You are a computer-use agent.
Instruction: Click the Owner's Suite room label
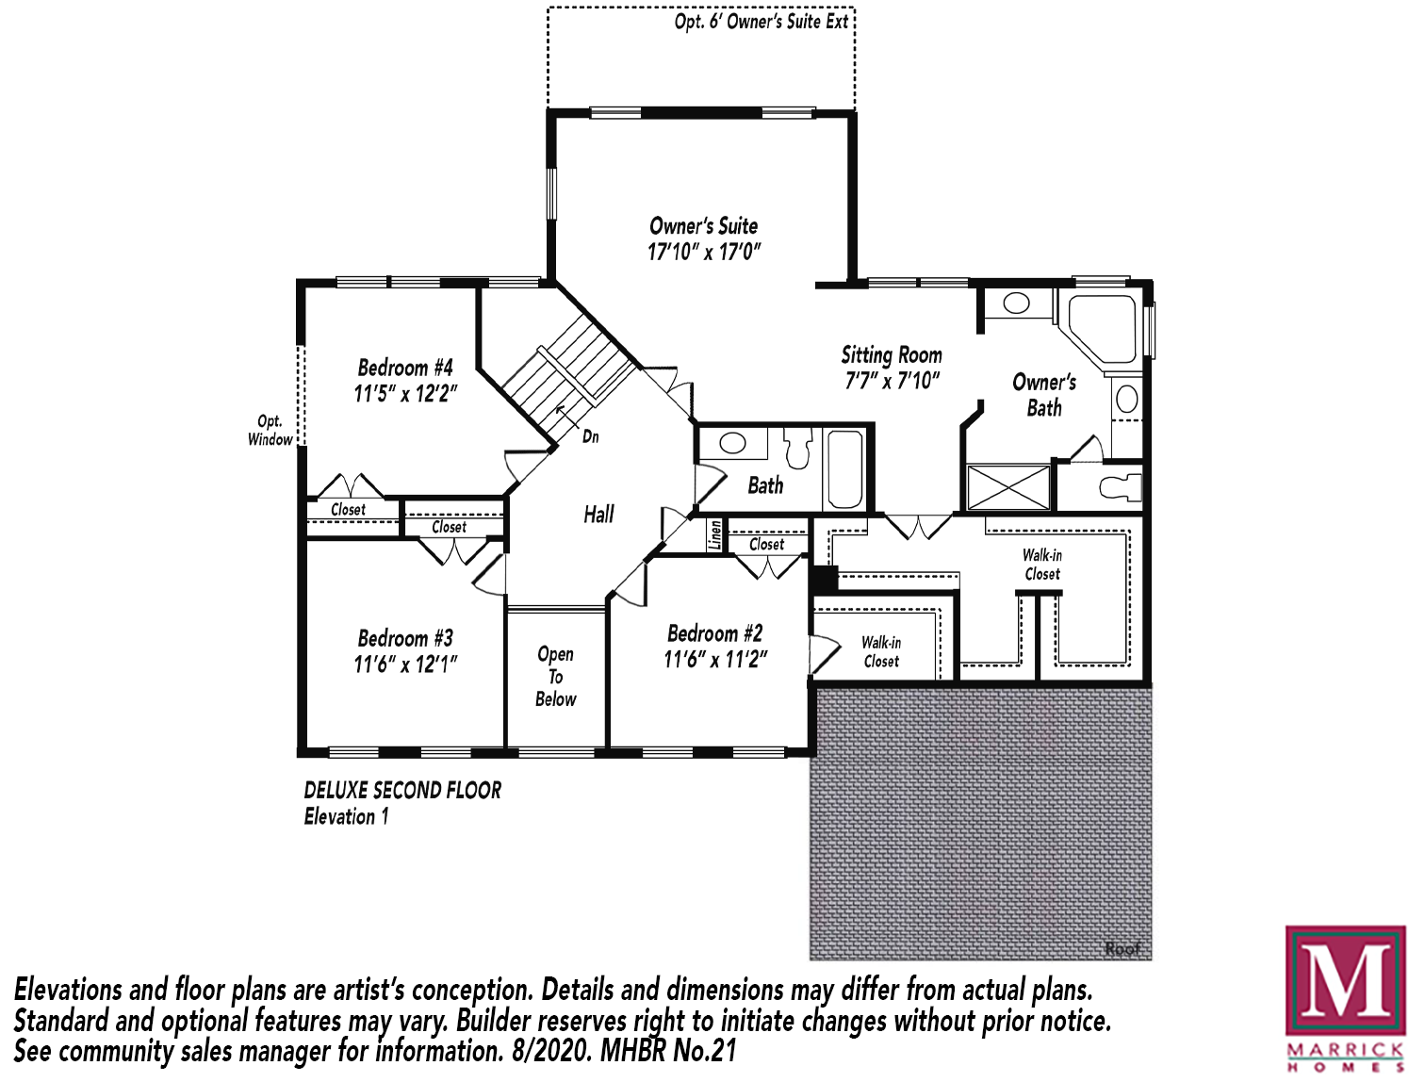pyautogui.click(x=704, y=226)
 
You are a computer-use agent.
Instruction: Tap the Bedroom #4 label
pyautogui.click(x=405, y=368)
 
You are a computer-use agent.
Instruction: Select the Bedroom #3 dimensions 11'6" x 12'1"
pyautogui.click(x=405, y=664)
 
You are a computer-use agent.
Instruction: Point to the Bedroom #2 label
pyautogui.click(x=714, y=632)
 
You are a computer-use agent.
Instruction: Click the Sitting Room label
pyautogui.click(x=892, y=355)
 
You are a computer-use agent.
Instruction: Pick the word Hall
pyautogui.click(x=598, y=515)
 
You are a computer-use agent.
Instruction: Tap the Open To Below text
pyautogui.click(x=556, y=677)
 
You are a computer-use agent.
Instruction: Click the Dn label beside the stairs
pyautogui.click(x=590, y=436)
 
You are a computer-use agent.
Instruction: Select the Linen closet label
pyautogui.click(x=715, y=535)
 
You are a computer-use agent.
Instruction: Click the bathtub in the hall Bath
pyautogui.click(x=845, y=469)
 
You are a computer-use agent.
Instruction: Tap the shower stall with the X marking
pyautogui.click(x=1007, y=487)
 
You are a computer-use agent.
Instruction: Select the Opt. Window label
pyautogui.click(x=270, y=431)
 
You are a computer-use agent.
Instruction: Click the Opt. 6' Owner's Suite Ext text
pyautogui.click(x=761, y=22)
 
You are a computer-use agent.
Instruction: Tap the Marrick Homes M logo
pyautogui.click(x=1345, y=990)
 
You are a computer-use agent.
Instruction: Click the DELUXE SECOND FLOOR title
pyautogui.click(x=402, y=791)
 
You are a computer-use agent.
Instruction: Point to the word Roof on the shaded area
pyautogui.click(x=1122, y=948)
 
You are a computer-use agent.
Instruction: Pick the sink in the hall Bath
pyautogui.click(x=733, y=444)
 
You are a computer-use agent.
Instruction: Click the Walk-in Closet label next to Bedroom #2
pyautogui.click(x=881, y=651)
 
